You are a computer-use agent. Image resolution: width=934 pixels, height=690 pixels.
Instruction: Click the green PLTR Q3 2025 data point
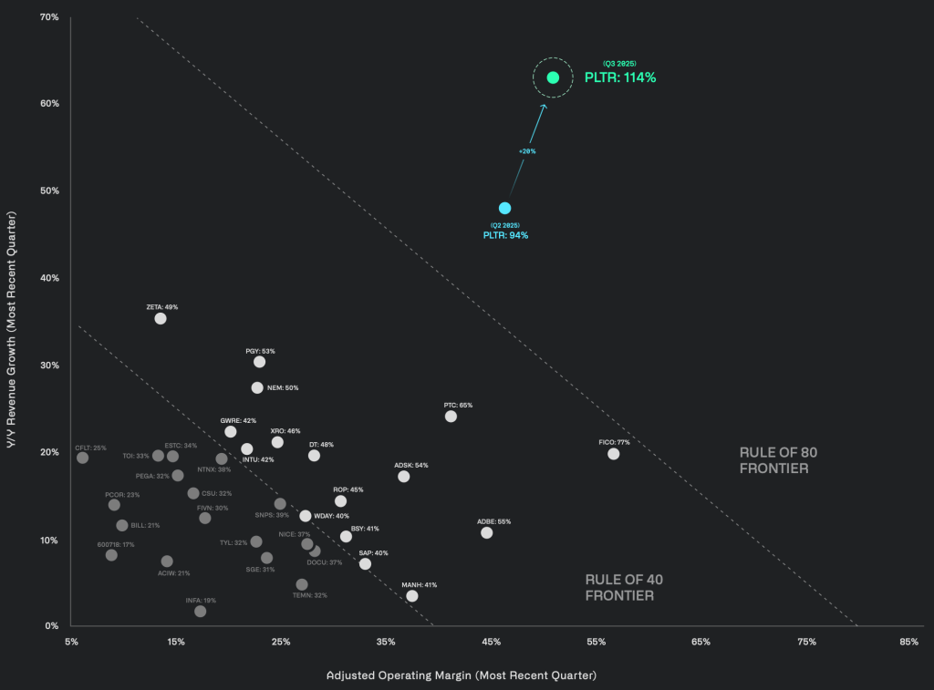click(x=553, y=77)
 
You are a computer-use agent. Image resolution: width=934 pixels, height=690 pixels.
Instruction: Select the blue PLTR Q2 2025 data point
click(x=504, y=208)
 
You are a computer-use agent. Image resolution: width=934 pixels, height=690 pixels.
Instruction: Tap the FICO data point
click(x=613, y=454)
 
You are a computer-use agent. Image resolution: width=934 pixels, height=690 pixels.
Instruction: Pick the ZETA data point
click(x=161, y=319)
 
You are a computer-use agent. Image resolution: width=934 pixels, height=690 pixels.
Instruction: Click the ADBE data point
click(x=486, y=532)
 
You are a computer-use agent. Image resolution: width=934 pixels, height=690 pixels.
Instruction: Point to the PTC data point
click(x=451, y=417)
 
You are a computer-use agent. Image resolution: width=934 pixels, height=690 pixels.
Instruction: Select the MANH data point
click(x=412, y=596)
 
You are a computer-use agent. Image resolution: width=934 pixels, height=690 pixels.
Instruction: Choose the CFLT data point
click(x=83, y=458)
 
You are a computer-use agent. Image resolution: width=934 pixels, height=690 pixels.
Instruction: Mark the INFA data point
click(x=201, y=612)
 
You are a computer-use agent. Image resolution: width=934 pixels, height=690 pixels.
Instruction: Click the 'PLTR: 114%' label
click(x=620, y=77)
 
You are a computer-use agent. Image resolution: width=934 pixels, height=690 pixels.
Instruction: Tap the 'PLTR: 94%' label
click(x=505, y=235)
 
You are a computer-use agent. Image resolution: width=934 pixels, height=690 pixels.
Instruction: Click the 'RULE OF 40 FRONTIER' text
click(x=619, y=587)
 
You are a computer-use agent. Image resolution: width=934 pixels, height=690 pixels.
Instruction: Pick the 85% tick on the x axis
click(x=908, y=642)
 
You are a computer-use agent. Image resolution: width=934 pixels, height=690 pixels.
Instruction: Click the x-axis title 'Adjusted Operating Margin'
click(x=462, y=675)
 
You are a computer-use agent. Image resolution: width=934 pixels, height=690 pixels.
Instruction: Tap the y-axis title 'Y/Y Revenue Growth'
click(x=12, y=322)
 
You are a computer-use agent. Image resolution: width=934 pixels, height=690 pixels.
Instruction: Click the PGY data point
click(x=259, y=362)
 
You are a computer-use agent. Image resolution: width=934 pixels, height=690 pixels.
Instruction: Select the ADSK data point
click(x=404, y=477)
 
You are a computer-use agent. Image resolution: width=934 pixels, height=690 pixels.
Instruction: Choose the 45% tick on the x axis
click(x=492, y=642)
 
